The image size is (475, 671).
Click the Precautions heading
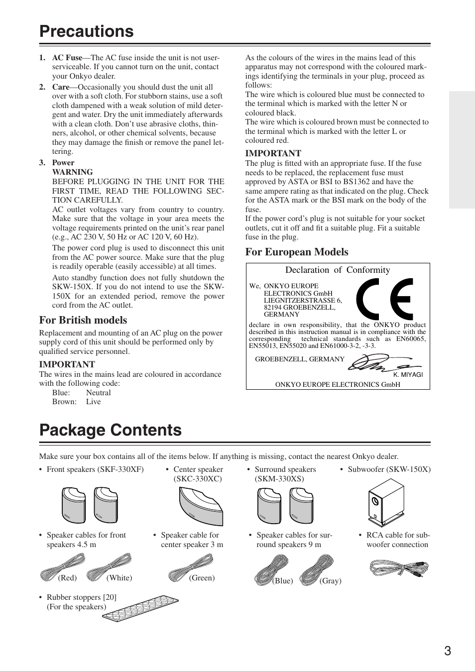pos(87,31)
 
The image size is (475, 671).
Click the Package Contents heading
pos(111,430)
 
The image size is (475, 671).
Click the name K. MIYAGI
pos(408,375)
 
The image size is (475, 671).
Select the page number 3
pos(448,651)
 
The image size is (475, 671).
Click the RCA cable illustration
pos(399,568)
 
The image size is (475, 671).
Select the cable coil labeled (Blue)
pos(271,569)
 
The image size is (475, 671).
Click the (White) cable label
pos(119,578)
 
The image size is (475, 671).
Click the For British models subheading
pos(83,320)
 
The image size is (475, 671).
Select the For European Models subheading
pos(297,252)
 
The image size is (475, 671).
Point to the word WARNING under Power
pos(72,172)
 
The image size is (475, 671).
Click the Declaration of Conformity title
pos(338,270)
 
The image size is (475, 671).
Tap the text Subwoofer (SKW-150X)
pos(389,469)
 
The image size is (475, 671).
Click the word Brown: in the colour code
pos(64,402)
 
